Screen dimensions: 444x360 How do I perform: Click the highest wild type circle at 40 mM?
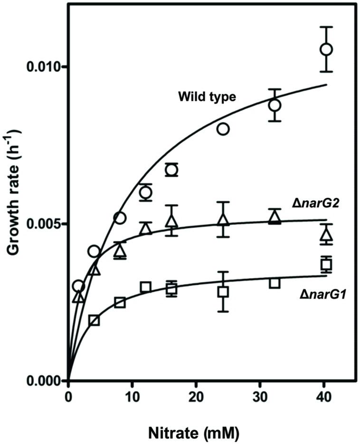(x=326, y=49)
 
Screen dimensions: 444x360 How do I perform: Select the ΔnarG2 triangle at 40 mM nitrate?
(x=326, y=235)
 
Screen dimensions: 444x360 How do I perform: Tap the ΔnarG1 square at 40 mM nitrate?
(x=326, y=265)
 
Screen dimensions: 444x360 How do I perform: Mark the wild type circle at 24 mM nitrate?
(x=223, y=129)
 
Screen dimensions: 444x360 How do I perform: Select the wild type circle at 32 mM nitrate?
(x=275, y=105)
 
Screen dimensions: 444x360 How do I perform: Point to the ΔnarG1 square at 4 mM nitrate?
(x=94, y=320)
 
